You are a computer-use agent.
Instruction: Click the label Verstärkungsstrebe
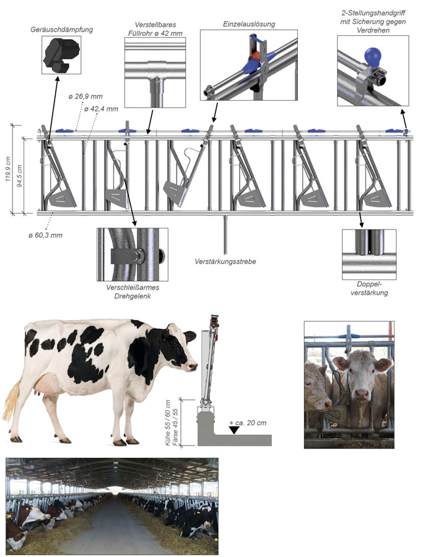pyautogui.click(x=225, y=261)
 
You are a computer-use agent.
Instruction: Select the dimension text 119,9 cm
pyautogui.click(x=8, y=170)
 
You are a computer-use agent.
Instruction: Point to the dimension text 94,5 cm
pyautogui.click(x=20, y=176)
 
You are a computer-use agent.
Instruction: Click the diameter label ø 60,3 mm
pyautogui.click(x=45, y=235)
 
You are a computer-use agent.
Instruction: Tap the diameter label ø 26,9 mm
pyautogui.click(x=85, y=97)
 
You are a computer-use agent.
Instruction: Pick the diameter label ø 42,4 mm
pyautogui.click(x=102, y=109)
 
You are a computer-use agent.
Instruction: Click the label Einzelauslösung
pyautogui.click(x=249, y=24)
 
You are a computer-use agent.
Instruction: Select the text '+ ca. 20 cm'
pyautogui.click(x=248, y=423)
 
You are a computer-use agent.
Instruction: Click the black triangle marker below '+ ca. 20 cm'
pyautogui.click(x=234, y=430)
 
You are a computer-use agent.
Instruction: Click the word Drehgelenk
pyautogui.click(x=133, y=296)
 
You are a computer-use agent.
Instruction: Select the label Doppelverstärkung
pyautogui.click(x=369, y=288)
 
